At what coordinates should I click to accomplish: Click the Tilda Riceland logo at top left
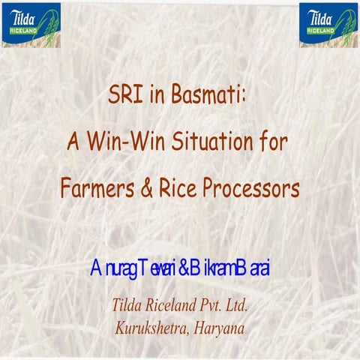[29, 25]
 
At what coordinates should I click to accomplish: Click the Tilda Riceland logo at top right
[328, 25]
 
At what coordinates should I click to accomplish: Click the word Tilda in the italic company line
[128, 306]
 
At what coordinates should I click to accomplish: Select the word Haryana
[220, 328]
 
